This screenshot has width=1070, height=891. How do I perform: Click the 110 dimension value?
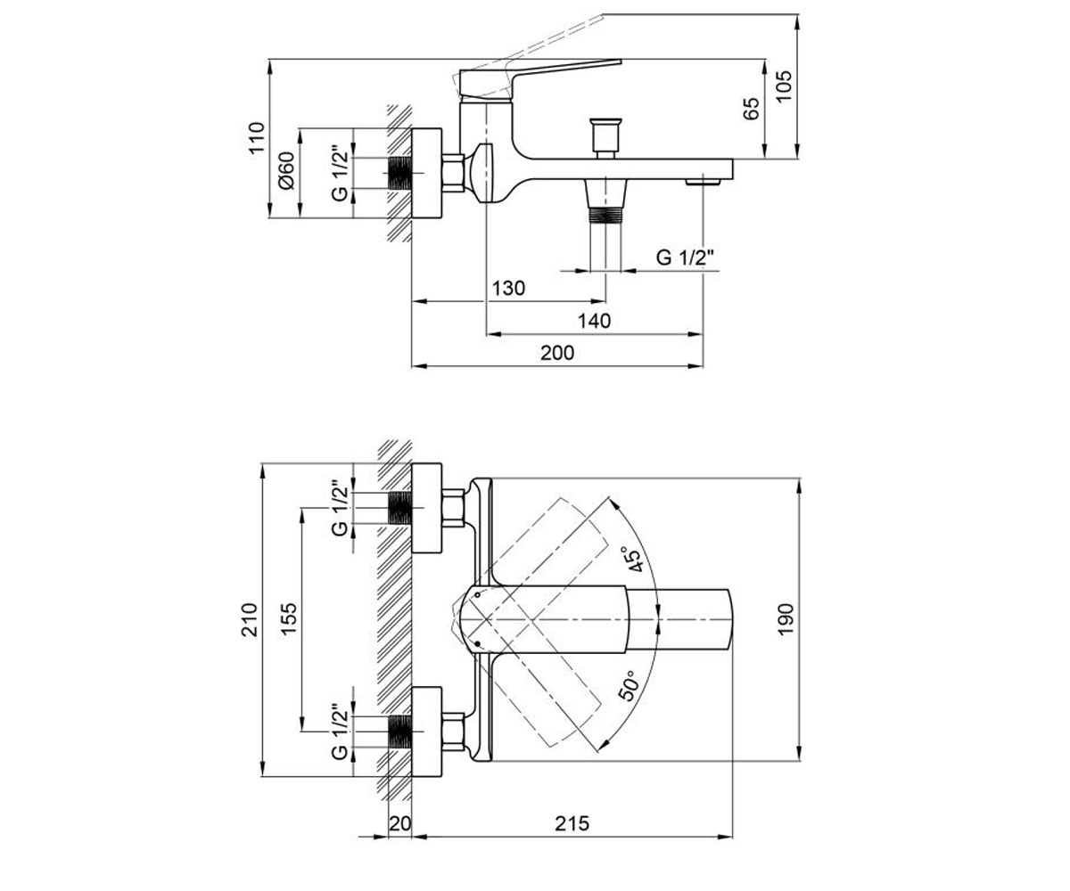(256, 136)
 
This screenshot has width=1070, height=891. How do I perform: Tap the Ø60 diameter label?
(287, 170)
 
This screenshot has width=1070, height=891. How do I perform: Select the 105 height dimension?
(784, 86)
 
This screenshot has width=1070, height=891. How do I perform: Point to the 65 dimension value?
(752, 109)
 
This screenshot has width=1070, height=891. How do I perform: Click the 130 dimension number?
(509, 289)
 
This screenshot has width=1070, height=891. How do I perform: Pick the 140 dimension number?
(595, 321)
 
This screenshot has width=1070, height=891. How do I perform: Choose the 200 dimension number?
(557, 353)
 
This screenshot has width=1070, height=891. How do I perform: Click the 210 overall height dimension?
(249, 620)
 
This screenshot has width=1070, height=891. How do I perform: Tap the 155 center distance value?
(289, 618)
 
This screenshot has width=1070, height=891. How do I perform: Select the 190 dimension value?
(786, 619)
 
